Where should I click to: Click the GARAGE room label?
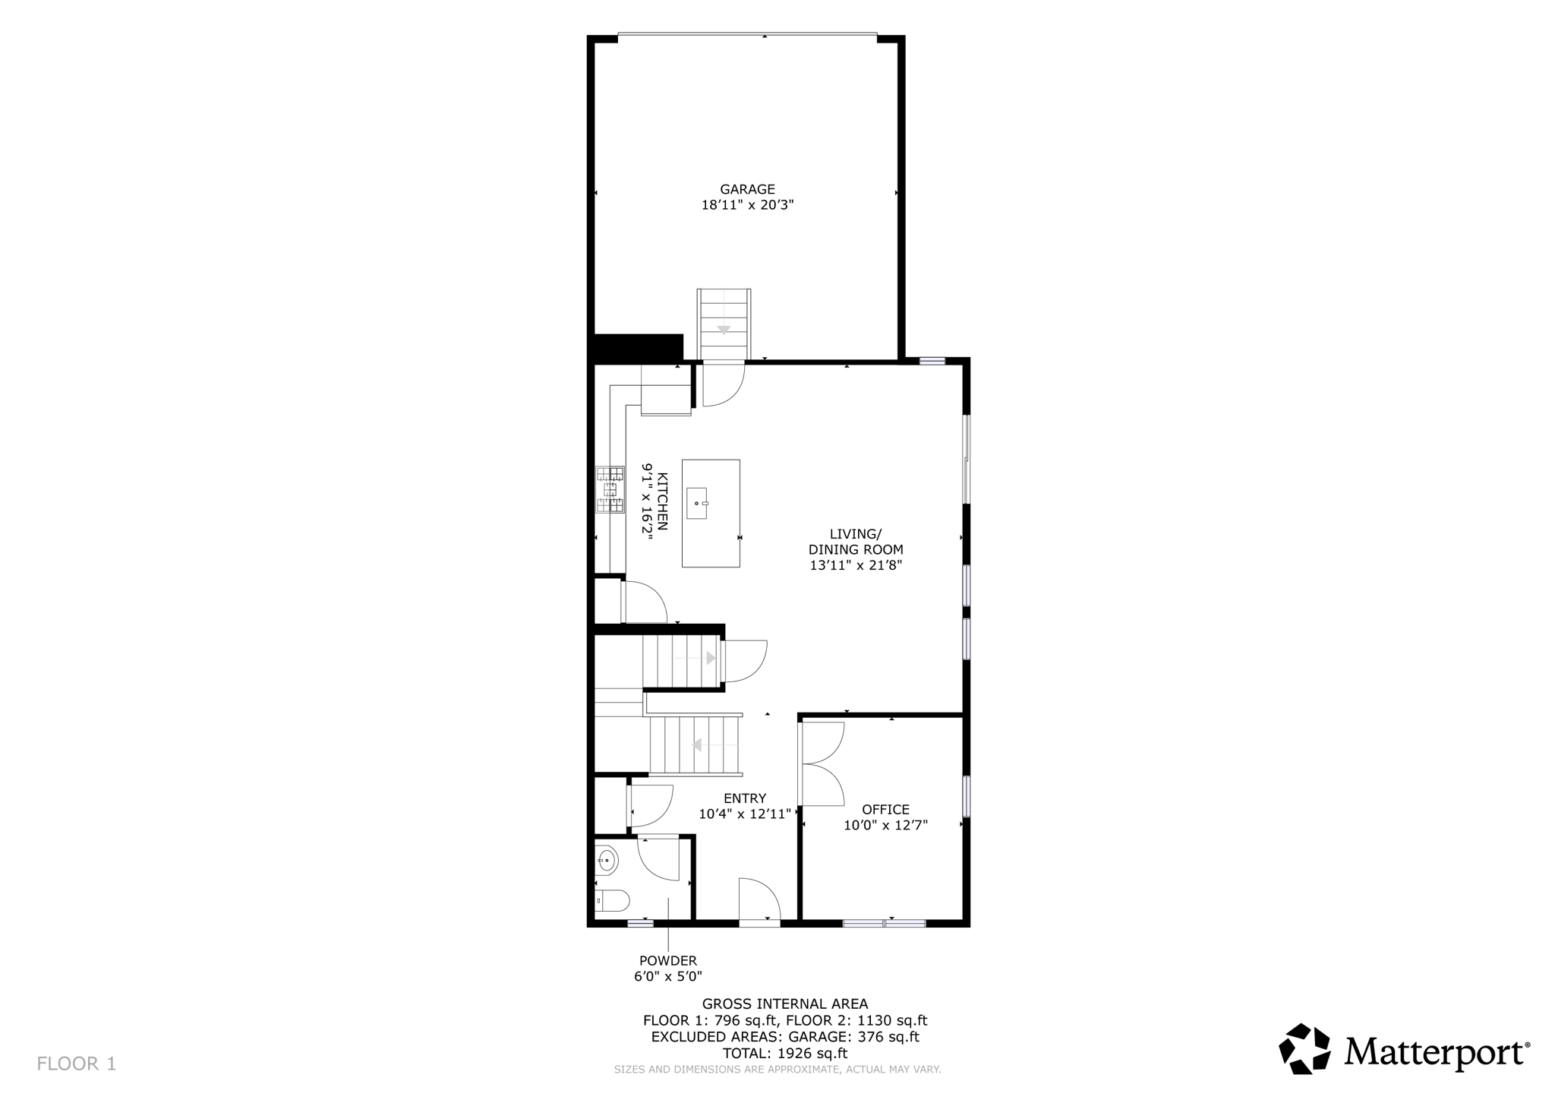[x=747, y=189]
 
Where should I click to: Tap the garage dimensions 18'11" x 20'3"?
[x=747, y=205]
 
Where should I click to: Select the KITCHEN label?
[x=662, y=501]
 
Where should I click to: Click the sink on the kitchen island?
[x=697, y=504]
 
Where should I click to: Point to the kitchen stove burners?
[x=610, y=489]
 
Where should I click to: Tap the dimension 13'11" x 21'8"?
[x=856, y=565]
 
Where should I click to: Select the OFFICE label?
[x=885, y=810]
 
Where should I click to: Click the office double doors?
[x=822, y=763]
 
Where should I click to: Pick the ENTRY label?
[x=744, y=798]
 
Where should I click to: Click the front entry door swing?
[x=759, y=901]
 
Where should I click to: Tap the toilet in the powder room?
[x=613, y=901]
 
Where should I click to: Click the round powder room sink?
[x=607, y=861]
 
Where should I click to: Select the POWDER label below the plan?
[x=667, y=961]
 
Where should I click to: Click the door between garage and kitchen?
[x=721, y=385]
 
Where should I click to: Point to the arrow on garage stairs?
[x=724, y=330]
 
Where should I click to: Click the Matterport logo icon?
[x=1304, y=1049]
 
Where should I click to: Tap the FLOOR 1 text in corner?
[x=77, y=1064]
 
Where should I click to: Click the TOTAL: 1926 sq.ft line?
[x=785, y=1054]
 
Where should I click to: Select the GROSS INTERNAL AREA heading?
[x=785, y=1004]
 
